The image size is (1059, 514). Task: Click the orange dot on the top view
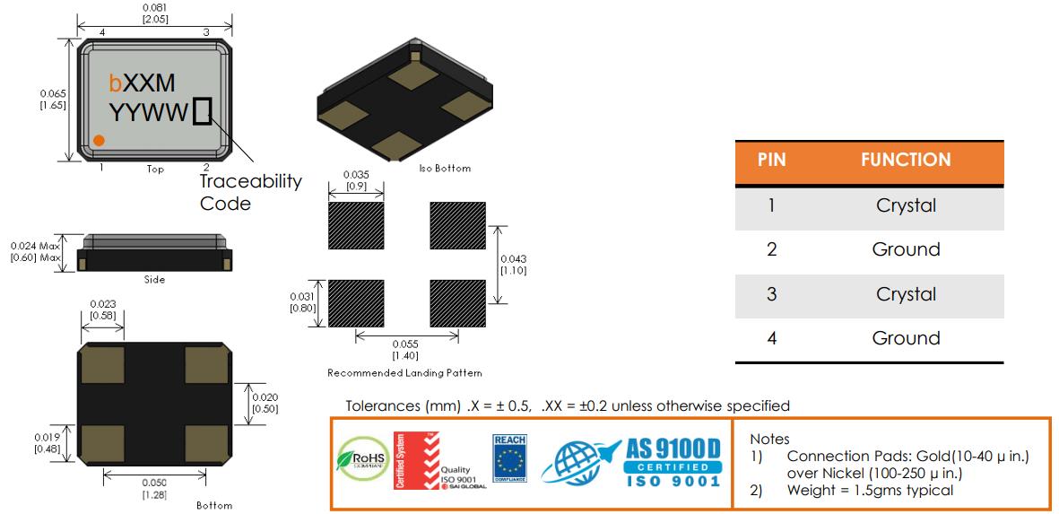(100, 140)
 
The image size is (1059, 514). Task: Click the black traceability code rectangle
(203, 112)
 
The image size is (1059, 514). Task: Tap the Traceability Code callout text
(250, 192)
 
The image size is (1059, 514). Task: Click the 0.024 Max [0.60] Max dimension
(37, 252)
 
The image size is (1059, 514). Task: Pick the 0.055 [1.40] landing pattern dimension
(407, 349)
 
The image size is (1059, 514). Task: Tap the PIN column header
(771, 161)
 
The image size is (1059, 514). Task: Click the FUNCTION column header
(906, 161)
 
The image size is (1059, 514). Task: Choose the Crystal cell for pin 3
(906, 294)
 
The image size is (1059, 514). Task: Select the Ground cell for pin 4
(906, 338)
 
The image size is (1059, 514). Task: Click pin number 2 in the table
(771, 249)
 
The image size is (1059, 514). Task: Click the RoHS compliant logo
(360, 460)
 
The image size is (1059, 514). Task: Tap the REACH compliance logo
(508, 458)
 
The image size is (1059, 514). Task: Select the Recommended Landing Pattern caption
(404, 372)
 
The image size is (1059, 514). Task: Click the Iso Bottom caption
(445, 168)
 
